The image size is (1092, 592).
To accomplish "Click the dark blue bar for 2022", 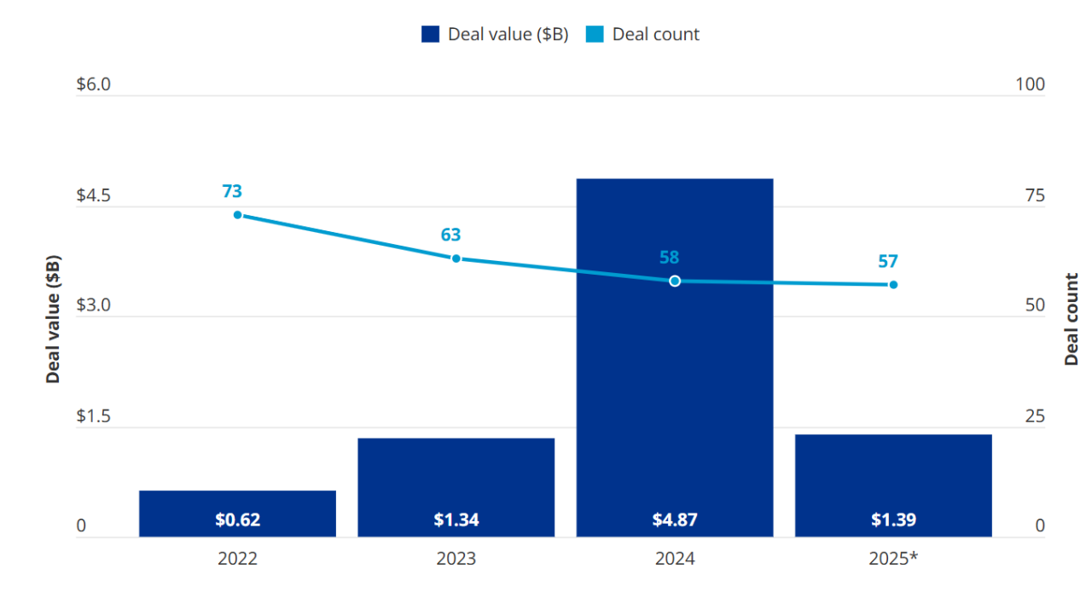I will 237,513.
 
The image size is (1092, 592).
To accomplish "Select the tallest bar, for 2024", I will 675,358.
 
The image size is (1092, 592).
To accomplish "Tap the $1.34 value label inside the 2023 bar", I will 456,519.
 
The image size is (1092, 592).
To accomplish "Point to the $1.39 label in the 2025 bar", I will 893,519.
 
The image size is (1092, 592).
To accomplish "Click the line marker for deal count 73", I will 237,215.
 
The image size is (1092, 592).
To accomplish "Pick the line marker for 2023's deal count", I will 456,258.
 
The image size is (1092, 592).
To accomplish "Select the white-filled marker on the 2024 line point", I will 675,281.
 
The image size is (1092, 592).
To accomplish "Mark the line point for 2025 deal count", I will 893,285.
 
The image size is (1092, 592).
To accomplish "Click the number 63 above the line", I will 450,235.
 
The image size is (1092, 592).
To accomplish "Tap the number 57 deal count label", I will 888,262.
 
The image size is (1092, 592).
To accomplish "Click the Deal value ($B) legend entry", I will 495,34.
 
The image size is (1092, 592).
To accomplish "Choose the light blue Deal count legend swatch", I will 595,34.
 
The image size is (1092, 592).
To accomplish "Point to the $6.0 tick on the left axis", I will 93,85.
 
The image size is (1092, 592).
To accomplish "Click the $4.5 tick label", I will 93,195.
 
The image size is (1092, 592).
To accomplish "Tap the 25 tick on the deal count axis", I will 1035,416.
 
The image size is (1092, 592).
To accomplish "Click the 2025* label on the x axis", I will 893,559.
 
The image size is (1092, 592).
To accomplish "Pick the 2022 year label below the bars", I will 237,559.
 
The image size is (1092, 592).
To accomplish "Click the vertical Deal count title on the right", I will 1072,319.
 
